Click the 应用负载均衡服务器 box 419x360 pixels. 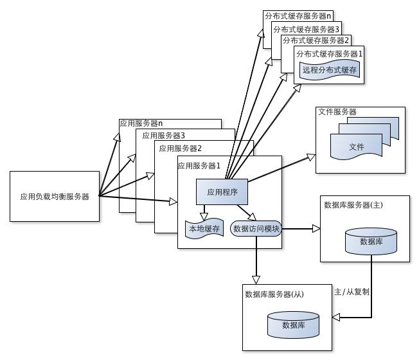[55, 196]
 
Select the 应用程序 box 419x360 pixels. [222, 192]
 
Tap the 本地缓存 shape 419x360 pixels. [203, 229]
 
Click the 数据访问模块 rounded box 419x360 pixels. [255, 229]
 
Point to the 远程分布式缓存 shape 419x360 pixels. [329, 70]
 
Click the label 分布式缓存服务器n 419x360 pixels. [298, 15]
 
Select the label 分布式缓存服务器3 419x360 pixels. [306, 29]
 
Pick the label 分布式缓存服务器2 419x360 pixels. [316, 40]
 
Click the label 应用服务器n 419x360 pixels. [141, 123]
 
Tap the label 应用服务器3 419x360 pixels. [163, 136]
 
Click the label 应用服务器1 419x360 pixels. [199, 166]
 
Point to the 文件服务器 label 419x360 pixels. [337, 112]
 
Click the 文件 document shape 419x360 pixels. [356, 147]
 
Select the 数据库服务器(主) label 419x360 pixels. [353, 205]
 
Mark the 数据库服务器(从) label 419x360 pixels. [274, 294]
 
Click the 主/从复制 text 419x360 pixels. [352, 291]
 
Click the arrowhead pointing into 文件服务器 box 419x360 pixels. [310, 156]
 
